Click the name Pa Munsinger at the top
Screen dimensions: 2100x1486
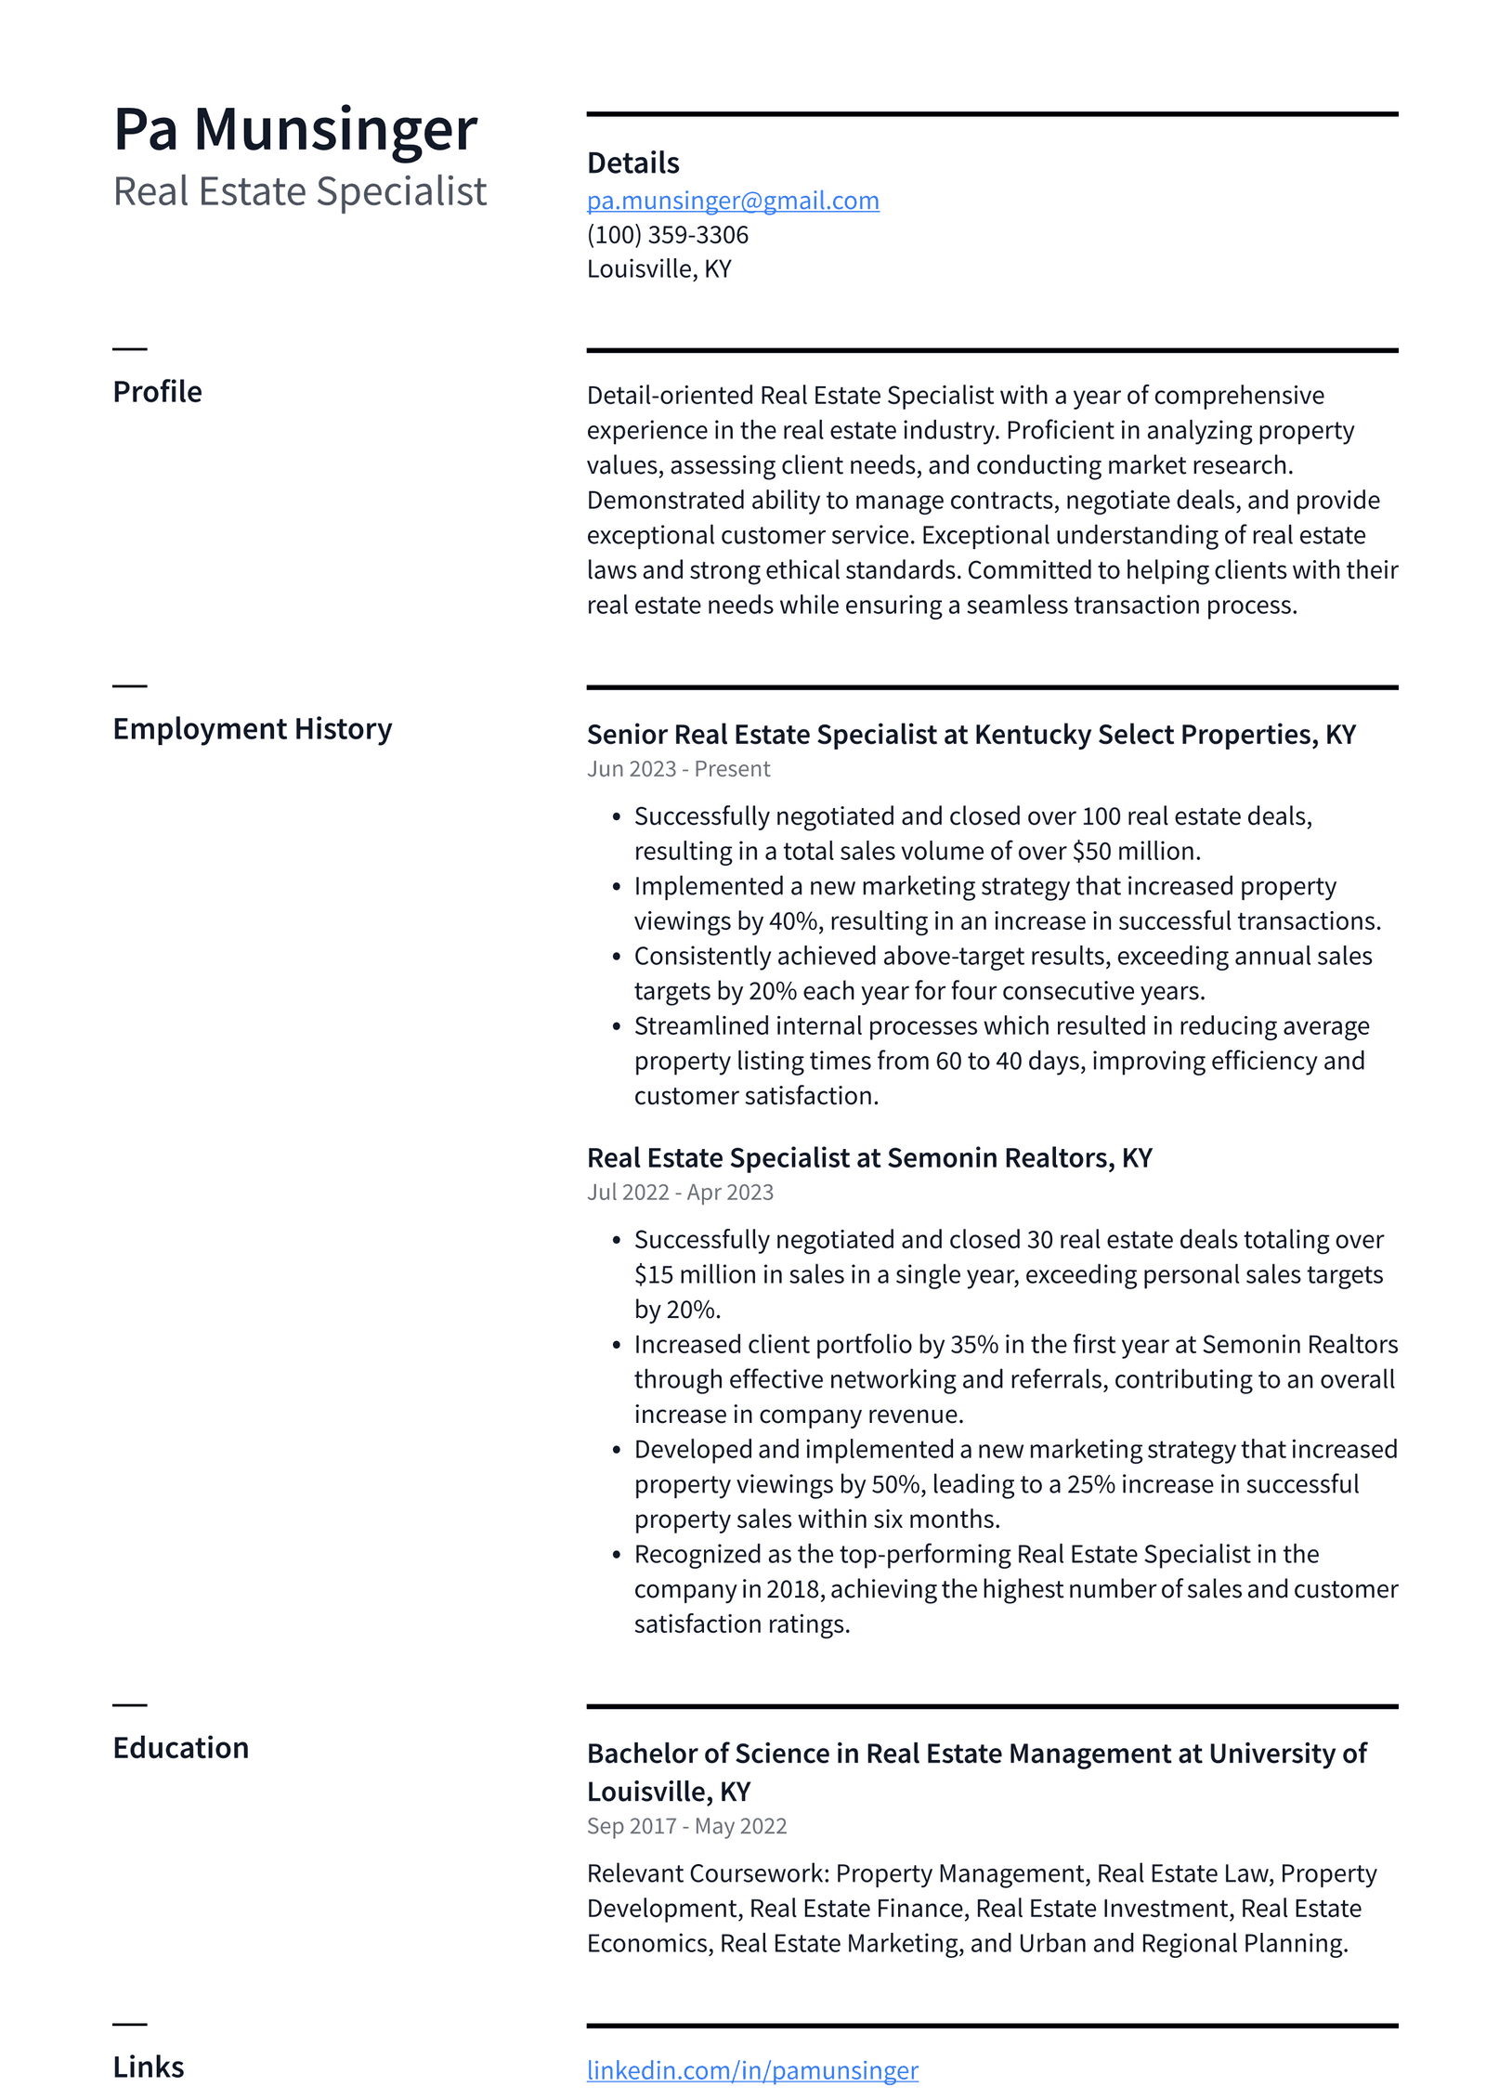click(x=294, y=129)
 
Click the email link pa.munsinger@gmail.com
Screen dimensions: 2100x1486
click(x=732, y=201)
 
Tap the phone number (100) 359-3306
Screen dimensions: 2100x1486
click(x=667, y=235)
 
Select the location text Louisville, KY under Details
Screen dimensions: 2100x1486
click(x=658, y=269)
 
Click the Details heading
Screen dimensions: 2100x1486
click(x=632, y=163)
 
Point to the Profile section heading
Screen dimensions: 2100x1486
click(x=157, y=392)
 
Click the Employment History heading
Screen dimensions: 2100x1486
click(x=252, y=729)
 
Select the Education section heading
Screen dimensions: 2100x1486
click(x=180, y=1748)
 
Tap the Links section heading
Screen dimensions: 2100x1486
click(x=149, y=2067)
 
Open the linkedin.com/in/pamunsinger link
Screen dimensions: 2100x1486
click(x=751, y=2070)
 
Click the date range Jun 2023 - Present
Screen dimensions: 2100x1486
click(x=678, y=769)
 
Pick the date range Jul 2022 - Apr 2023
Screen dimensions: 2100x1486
click(x=680, y=1193)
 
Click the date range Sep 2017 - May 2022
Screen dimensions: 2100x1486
click(x=686, y=1826)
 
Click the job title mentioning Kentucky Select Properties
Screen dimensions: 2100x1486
click(x=971, y=735)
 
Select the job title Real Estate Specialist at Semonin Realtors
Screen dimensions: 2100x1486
click(x=868, y=1158)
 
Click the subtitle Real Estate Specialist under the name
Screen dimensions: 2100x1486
click(x=299, y=192)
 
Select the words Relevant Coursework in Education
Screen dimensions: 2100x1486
click(x=707, y=1874)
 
